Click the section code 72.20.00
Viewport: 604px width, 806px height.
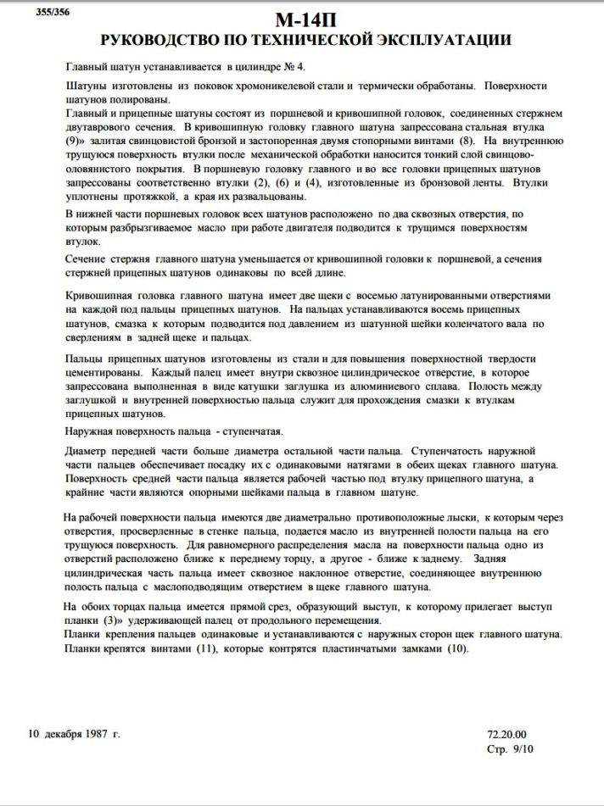[507, 734]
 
